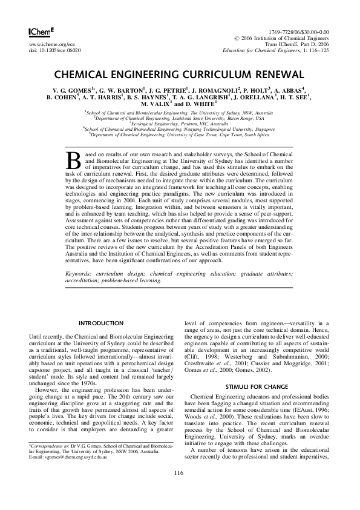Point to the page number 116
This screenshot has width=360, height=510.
180,489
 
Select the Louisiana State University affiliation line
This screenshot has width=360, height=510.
180,118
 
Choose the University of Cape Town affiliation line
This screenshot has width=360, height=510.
180,134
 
